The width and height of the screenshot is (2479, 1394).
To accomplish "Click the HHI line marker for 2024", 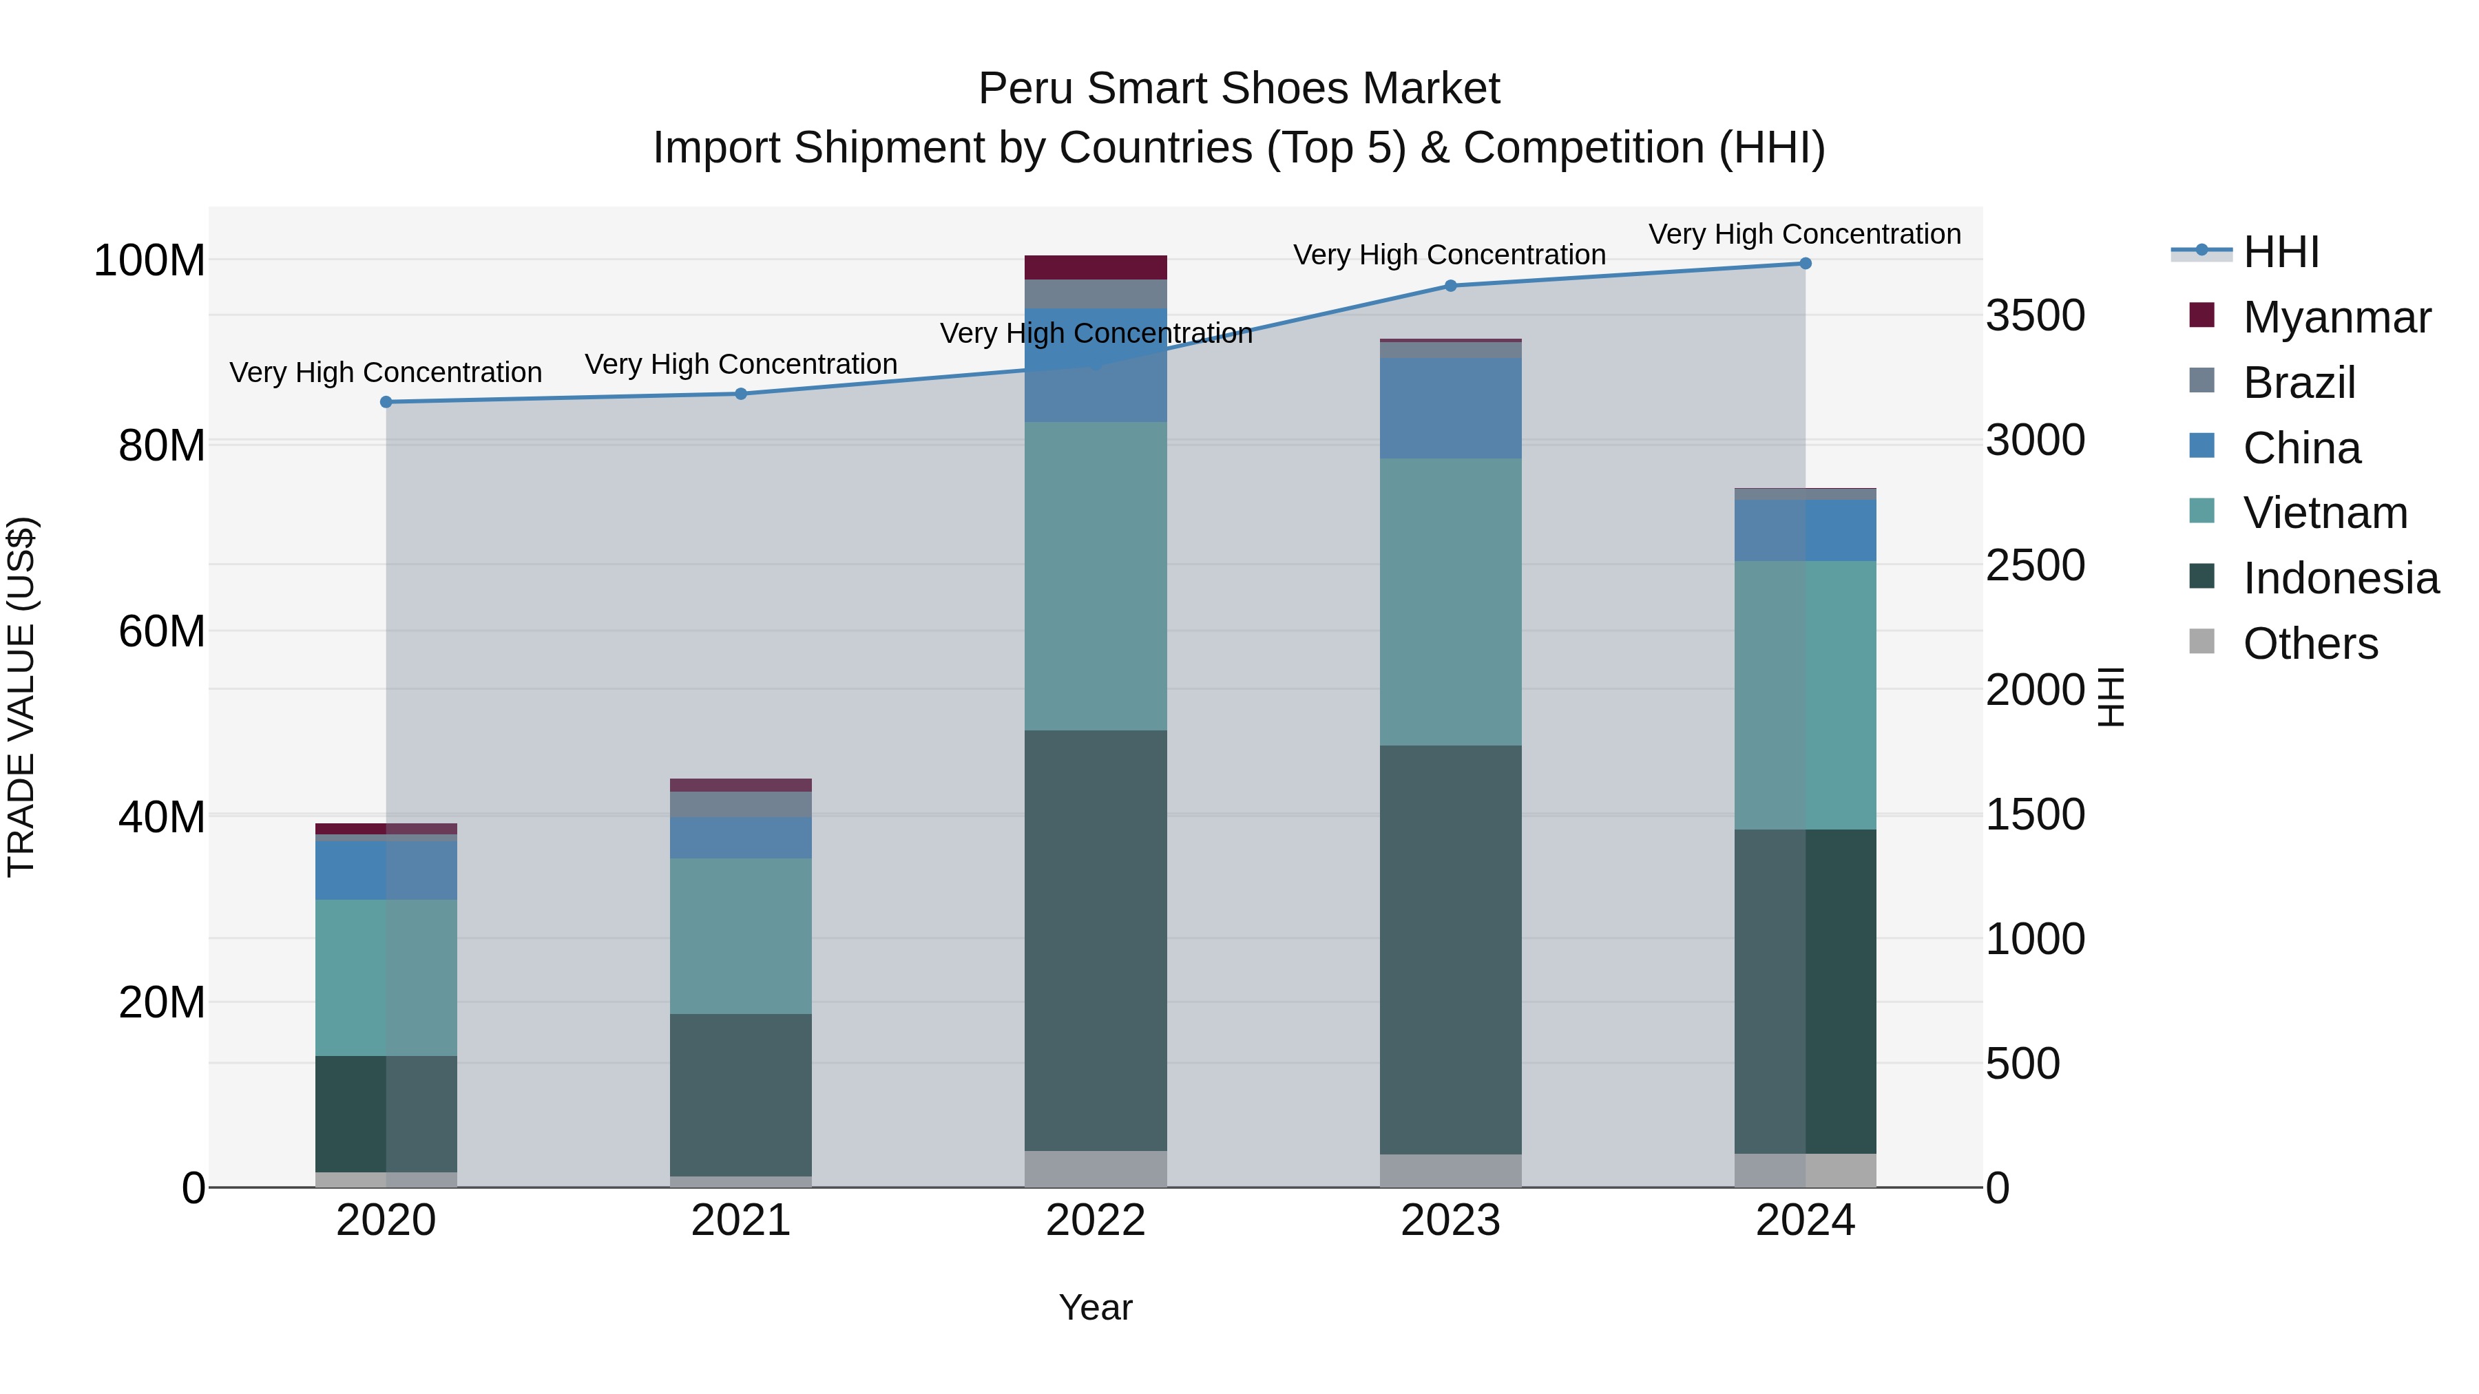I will tap(1804, 264).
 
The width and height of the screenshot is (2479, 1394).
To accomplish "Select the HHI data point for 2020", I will tap(386, 402).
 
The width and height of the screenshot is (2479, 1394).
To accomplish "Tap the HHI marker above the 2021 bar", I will tap(741, 394).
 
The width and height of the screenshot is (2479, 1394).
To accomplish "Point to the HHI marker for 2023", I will tap(1450, 286).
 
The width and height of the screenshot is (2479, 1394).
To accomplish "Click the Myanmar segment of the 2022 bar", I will tap(1095, 268).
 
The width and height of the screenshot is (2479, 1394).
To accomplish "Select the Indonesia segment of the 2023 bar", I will tap(1450, 949).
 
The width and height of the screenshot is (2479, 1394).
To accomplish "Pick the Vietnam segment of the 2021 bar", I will tap(741, 936).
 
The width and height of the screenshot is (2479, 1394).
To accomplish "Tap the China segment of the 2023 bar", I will tap(1450, 409).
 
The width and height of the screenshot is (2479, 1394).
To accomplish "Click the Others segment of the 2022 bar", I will tap(1095, 1169).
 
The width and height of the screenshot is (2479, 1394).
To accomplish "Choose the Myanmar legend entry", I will tap(2336, 317).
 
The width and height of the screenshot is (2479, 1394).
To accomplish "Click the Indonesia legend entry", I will tap(2341, 578).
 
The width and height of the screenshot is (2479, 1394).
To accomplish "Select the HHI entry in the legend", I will tap(2281, 252).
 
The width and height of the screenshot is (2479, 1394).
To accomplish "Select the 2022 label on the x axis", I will tap(1095, 1221).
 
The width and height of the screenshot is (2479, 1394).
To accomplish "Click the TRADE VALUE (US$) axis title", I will tap(21, 697).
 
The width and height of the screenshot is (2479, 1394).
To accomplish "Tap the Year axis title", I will tap(1095, 1307).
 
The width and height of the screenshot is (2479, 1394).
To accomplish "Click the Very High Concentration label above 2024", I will tap(1804, 234).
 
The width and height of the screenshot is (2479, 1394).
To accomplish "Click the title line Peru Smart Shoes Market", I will tap(1239, 89).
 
